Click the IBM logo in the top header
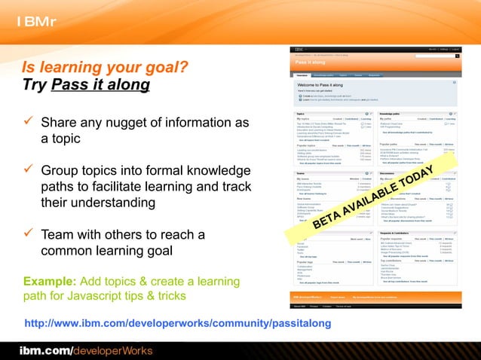(x=36, y=21)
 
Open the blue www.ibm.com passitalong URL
(x=178, y=324)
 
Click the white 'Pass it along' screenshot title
(x=309, y=63)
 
